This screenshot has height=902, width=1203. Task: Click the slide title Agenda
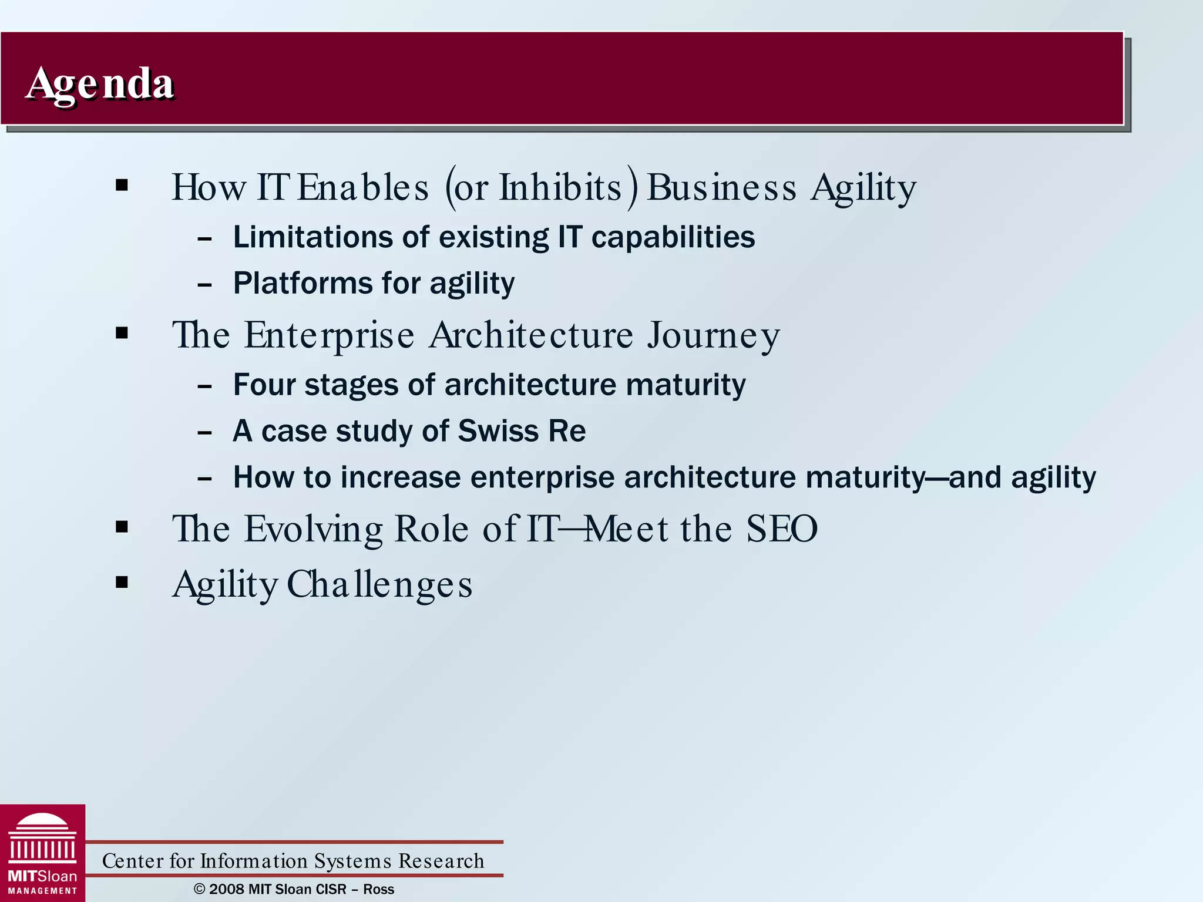100,84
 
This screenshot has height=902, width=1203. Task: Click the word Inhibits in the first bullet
560,188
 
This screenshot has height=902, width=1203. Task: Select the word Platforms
303,283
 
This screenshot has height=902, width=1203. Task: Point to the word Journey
714,336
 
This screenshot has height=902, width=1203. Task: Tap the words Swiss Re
522,431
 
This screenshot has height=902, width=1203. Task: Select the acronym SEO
781,529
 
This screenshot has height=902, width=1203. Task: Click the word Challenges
379,585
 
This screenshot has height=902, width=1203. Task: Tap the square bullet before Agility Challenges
122,583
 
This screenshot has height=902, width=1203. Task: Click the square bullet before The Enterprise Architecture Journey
122,334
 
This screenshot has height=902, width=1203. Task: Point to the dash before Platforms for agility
204,285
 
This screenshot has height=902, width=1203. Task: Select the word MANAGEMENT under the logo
42,891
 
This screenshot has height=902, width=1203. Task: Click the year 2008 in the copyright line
227,889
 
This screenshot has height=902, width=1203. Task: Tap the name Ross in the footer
378,889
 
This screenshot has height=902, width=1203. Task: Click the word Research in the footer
441,861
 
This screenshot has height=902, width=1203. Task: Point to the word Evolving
314,529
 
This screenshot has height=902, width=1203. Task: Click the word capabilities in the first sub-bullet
673,237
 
